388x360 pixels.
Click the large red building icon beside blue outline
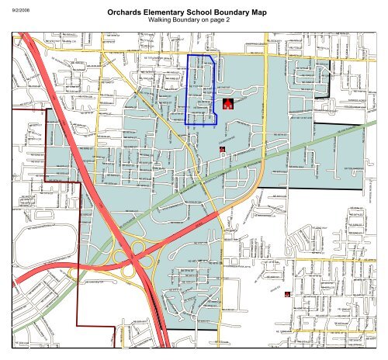point(228,103)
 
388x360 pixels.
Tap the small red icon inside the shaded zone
point(223,147)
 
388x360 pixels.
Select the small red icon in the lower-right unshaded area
point(288,294)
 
